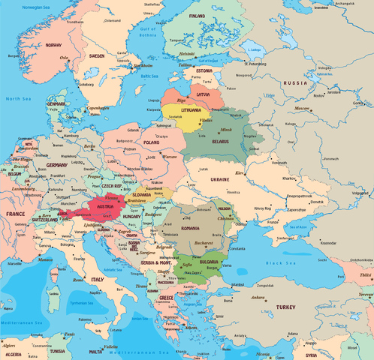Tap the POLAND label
(152, 141)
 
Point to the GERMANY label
(56, 165)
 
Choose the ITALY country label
(98, 279)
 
